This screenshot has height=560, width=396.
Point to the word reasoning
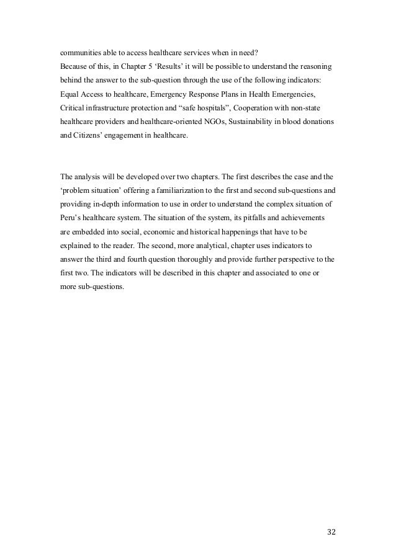(x=315, y=66)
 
